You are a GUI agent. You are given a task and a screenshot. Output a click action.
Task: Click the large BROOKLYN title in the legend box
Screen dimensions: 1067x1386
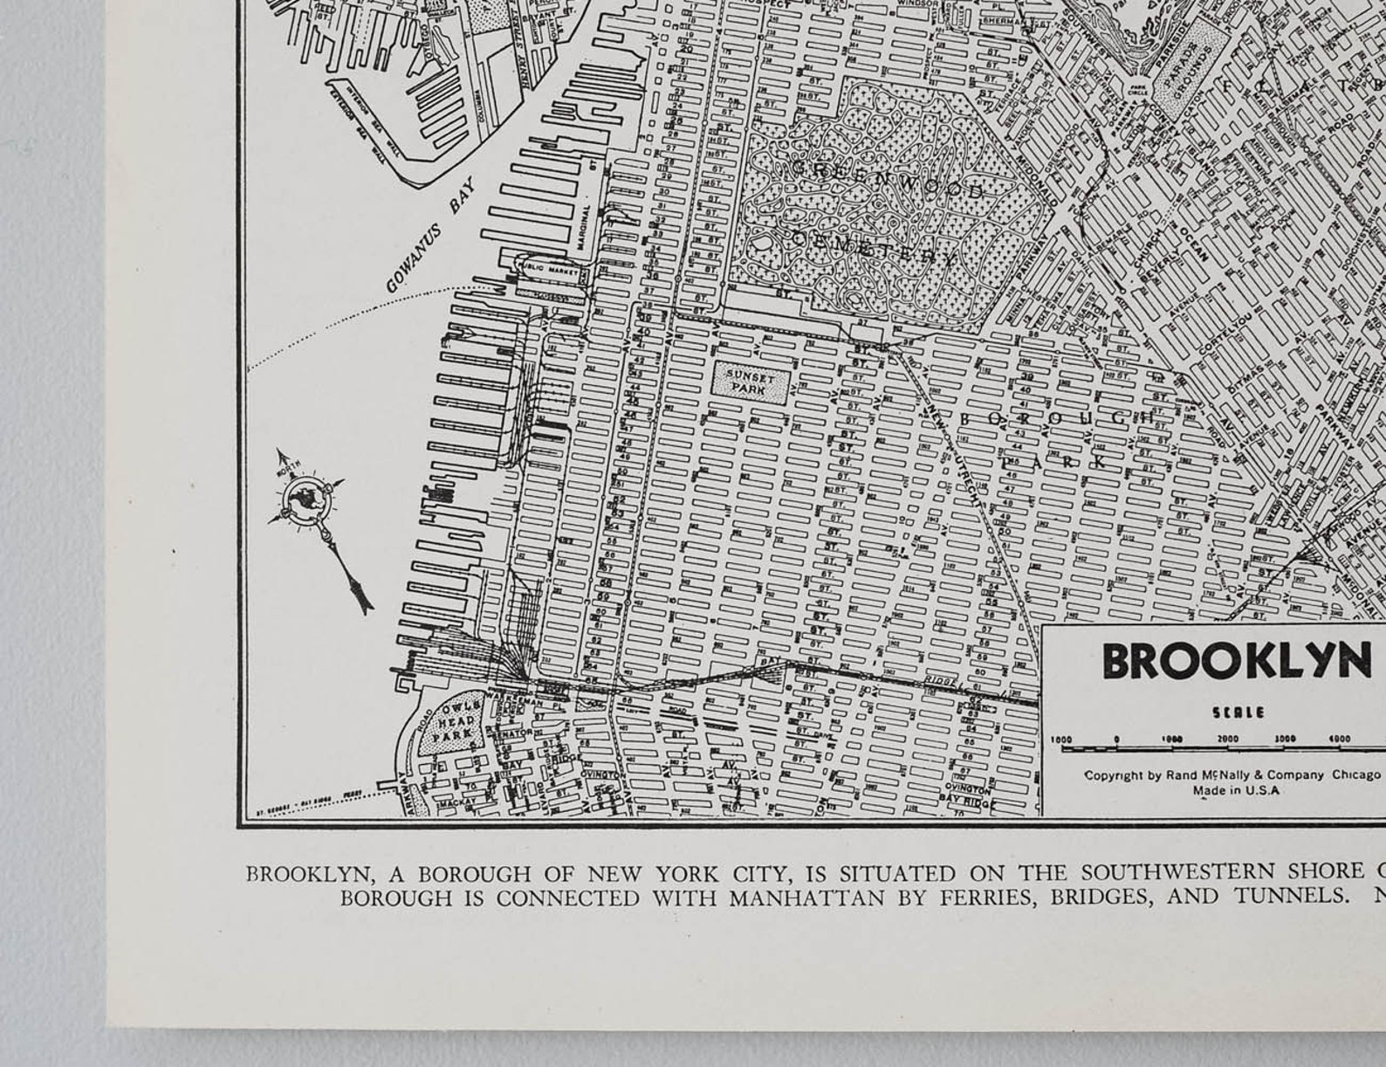[x=1236, y=661]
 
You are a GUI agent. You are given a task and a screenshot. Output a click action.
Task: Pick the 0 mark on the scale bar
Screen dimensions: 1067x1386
[x=1116, y=739]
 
